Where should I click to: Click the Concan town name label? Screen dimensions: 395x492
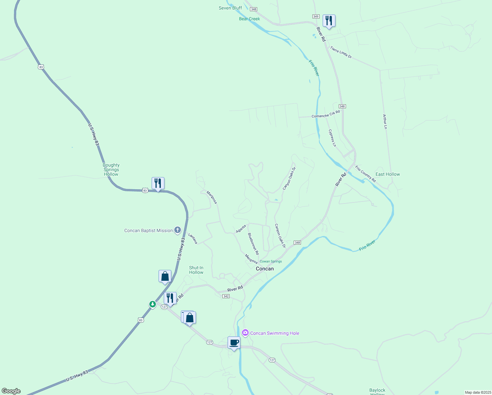pos(265,269)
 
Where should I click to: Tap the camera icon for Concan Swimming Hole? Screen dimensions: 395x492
pos(245,333)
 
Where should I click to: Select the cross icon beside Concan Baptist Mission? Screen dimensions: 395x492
pos(178,230)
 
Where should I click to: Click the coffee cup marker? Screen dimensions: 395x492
pos(234,343)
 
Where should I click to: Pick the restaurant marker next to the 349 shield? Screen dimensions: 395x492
pos(329,21)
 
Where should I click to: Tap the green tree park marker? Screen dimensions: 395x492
pos(152,304)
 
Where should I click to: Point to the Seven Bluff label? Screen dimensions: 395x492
pos(230,8)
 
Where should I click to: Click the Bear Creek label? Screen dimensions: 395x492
pos(249,19)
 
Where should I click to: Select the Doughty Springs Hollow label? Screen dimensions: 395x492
pos(111,170)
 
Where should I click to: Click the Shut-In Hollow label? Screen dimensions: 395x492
pos(196,270)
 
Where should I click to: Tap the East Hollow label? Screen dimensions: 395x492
pos(388,174)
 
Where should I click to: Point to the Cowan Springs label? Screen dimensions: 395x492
pos(271,261)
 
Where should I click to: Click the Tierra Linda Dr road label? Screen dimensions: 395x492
pos(341,52)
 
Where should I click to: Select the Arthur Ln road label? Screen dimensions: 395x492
pos(385,121)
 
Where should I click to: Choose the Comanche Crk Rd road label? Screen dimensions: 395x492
pos(326,114)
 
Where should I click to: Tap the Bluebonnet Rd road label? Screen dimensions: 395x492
pos(253,244)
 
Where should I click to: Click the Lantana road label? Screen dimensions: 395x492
pos(193,238)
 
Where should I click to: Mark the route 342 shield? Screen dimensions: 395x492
pos(226,296)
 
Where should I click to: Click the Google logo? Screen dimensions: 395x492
pos(11,391)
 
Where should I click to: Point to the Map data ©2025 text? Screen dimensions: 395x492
pos(477,392)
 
